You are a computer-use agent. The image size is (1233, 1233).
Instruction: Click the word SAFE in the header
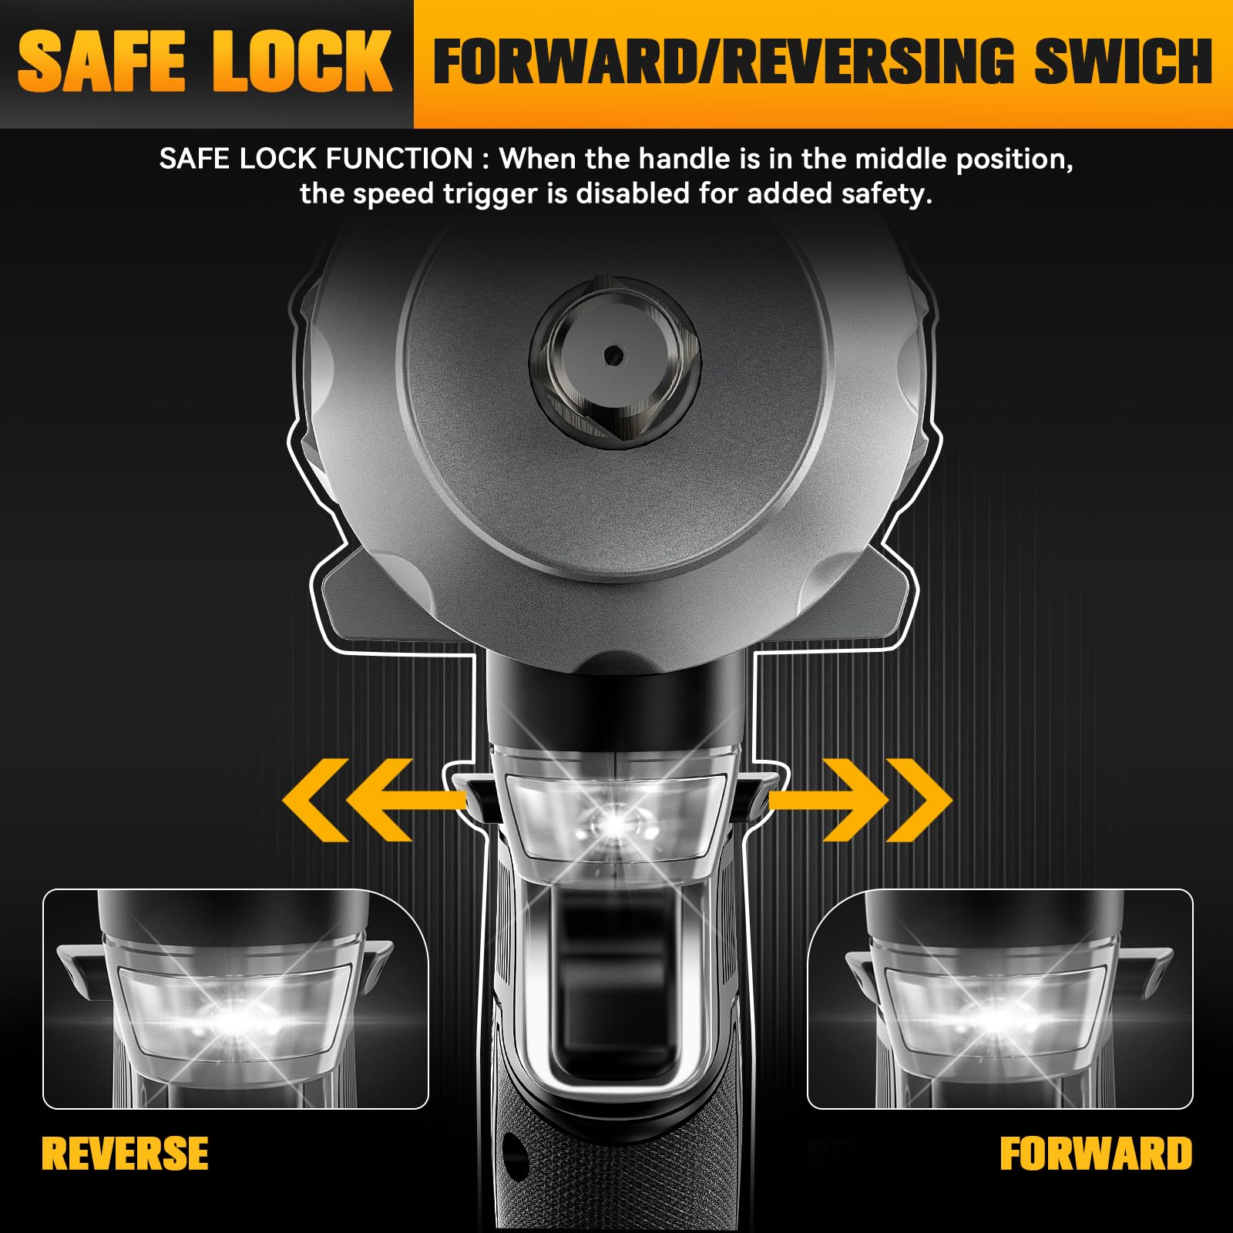pos(102,62)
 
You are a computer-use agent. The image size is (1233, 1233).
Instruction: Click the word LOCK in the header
pos(302,62)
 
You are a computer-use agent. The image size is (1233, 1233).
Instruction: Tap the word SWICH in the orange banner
pos(1124,62)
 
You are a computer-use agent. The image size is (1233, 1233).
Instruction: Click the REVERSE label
pos(125,1154)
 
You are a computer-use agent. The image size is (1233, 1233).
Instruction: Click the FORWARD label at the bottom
pos(1096,1154)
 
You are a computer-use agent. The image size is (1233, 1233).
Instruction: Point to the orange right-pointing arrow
pos(860,801)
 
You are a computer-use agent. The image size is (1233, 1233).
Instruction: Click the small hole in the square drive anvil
pos(613,355)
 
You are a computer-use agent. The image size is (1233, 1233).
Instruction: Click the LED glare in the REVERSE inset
pos(235,1019)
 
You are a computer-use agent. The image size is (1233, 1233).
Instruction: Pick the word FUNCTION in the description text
pos(399,159)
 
